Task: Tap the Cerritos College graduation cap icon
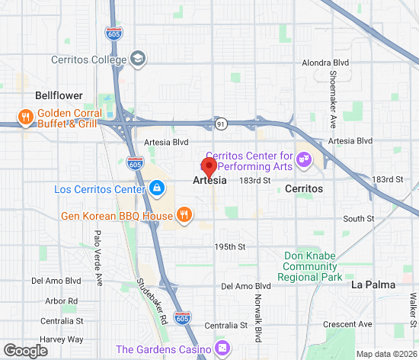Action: (138, 59)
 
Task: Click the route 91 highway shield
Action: (221, 124)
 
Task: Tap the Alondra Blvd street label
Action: (326, 63)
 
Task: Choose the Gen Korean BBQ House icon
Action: (184, 216)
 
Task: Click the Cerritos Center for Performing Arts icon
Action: (304, 159)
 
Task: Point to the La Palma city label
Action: (373, 284)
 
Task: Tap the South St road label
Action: (359, 219)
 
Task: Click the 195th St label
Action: (229, 247)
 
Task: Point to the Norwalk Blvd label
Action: (258, 313)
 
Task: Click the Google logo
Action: (24, 350)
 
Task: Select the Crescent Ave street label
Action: (347, 324)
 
